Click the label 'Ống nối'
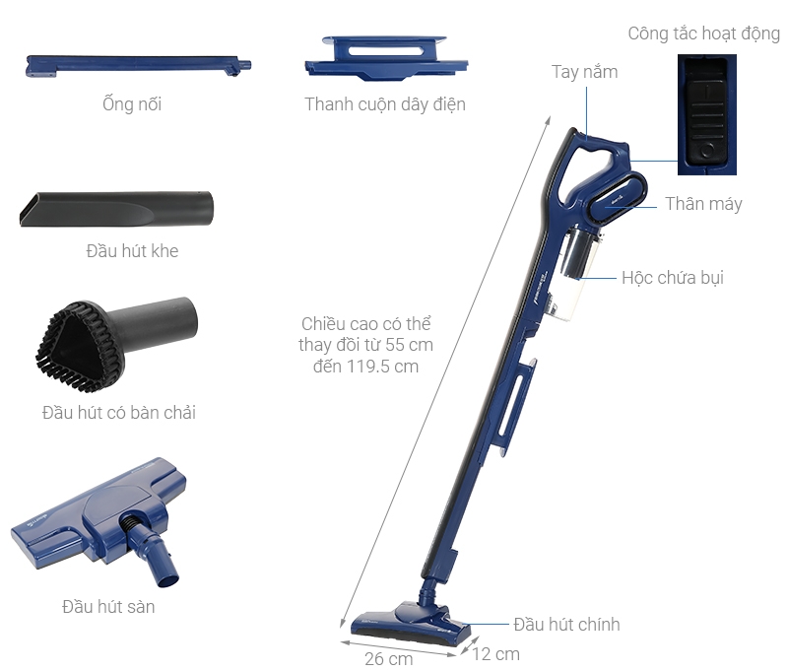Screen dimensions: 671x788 pos(131,103)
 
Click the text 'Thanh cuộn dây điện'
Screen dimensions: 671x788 pos(385,103)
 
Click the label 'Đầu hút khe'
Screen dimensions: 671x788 pos(132,251)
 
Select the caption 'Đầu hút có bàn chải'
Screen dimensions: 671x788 pos(119,412)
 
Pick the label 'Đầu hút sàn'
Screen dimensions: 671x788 pos(108,606)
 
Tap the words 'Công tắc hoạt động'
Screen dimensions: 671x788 pos(703,34)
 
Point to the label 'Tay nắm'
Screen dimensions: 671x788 pos(584,72)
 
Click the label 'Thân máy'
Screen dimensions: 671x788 pos(703,204)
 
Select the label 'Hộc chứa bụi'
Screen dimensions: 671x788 pos(672,277)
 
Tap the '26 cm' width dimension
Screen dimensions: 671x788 pos(388,658)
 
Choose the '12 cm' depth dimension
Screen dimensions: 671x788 pos(494,653)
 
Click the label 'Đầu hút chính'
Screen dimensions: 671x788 pos(566,625)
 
